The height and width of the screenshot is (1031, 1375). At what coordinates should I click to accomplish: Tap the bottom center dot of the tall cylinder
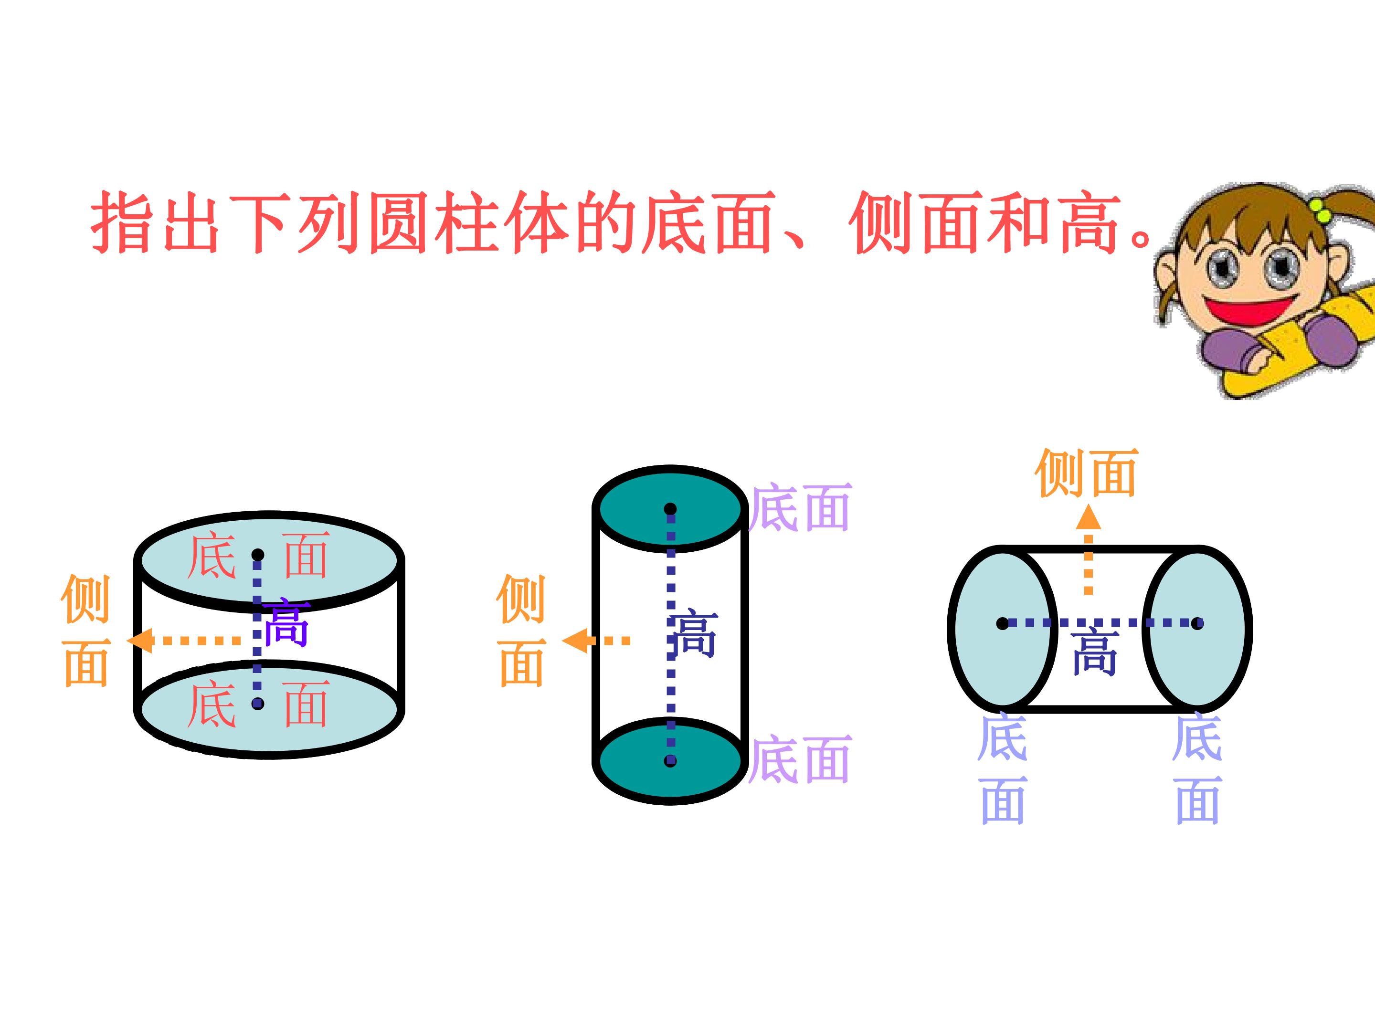click(x=670, y=761)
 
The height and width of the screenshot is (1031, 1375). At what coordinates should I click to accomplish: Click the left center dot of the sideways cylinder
click(x=1003, y=623)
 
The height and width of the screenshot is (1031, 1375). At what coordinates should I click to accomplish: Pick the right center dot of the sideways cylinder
click(x=1197, y=623)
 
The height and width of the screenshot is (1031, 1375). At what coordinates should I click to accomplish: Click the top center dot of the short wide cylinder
click(x=258, y=555)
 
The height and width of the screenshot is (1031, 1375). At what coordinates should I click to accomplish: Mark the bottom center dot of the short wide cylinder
click(x=258, y=704)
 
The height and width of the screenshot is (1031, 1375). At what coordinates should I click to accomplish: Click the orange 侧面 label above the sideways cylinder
click(x=1086, y=473)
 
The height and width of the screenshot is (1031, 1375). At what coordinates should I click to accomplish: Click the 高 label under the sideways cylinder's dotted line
click(x=1095, y=651)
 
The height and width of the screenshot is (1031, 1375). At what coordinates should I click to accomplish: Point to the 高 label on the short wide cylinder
click(x=286, y=622)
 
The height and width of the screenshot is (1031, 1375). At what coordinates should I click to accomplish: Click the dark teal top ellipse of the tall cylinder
click(x=670, y=508)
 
